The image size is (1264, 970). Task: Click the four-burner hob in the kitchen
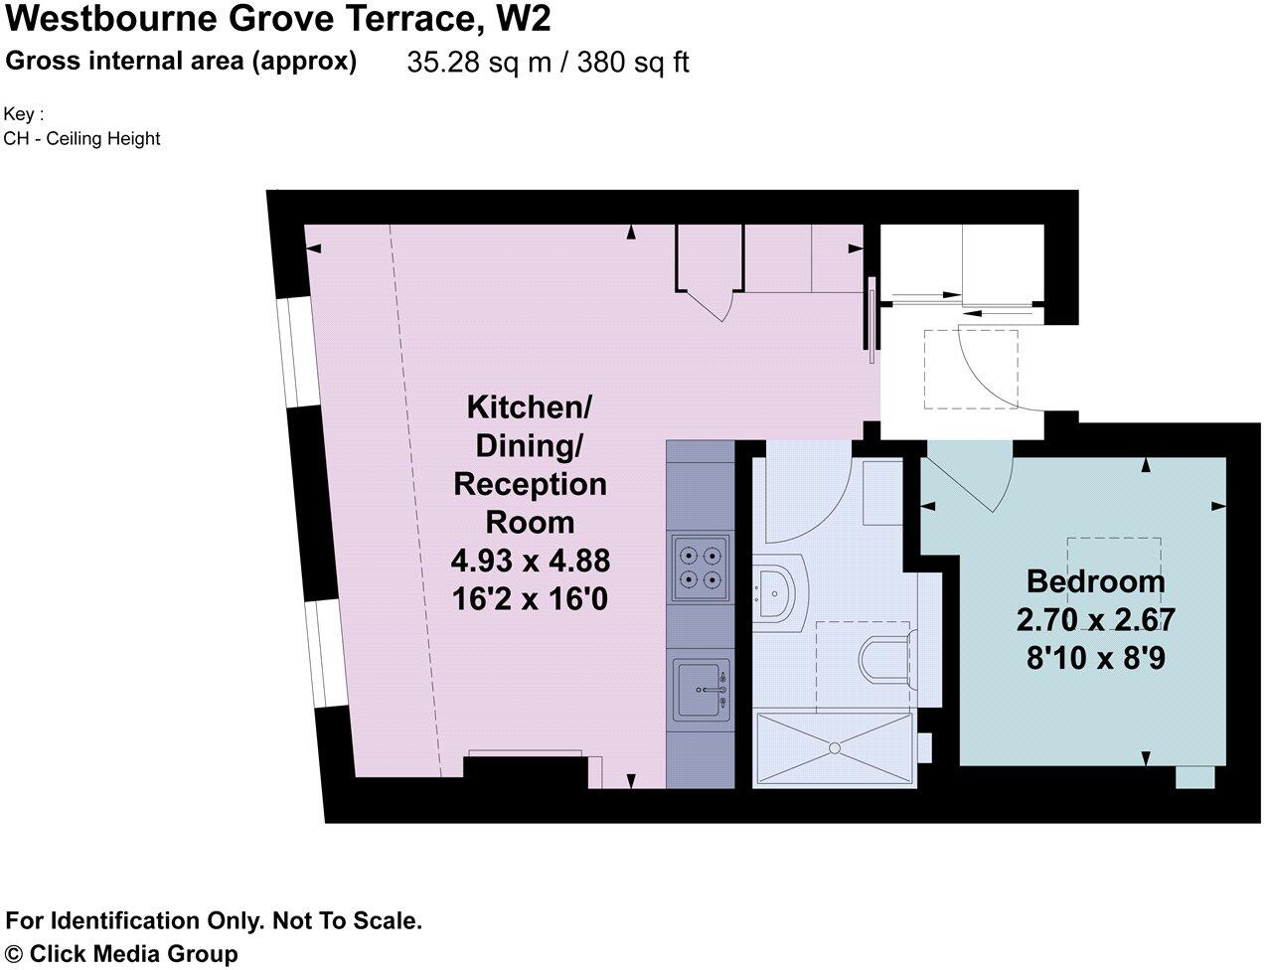[x=701, y=568]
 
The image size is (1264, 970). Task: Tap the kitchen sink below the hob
[x=702, y=689]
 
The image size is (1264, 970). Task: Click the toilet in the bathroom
[x=882, y=661]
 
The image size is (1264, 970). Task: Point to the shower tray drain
[x=835, y=747]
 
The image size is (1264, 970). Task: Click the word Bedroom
[x=1095, y=581]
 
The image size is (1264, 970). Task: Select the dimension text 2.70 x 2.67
[x=1095, y=620]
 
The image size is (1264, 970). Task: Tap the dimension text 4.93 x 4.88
[x=530, y=562]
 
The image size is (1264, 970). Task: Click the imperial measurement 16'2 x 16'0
[x=530, y=600]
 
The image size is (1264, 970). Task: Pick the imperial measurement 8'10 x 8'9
[x=1095, y=658]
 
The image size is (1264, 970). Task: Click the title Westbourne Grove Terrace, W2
[x=277, y=19]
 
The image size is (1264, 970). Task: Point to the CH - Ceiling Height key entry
[x=81, y=139]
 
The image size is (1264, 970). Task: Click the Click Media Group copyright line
[x=121, y=954]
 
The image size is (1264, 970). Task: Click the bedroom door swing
[x=969, y=482]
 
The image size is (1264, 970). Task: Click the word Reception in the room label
[x=530, y=484]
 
